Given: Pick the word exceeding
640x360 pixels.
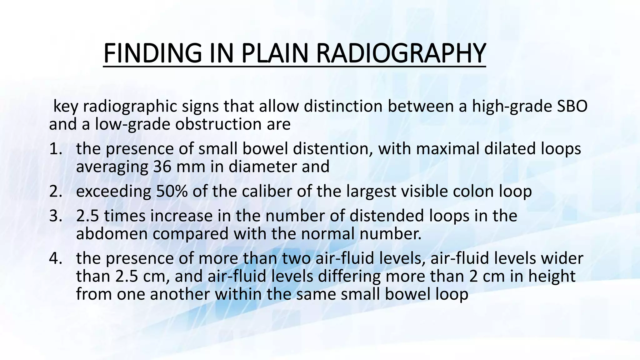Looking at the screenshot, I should click(113, 192).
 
